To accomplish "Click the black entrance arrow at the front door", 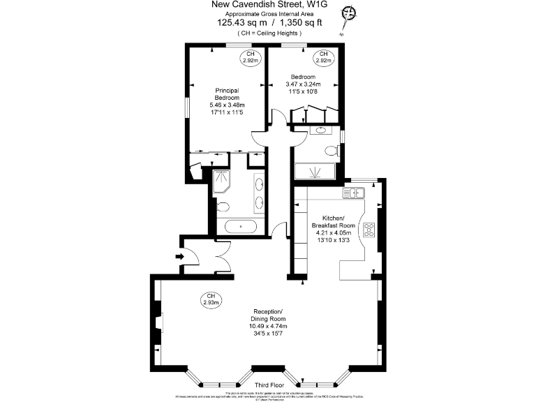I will point(178,257).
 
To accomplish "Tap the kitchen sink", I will point(351,193).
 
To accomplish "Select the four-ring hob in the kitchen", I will point(369,229).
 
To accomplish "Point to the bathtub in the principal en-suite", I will point(241,226).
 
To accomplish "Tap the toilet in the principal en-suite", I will point(223,205).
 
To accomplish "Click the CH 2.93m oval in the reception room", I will point(210,299).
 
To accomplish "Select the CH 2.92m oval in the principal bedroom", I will point(249,57).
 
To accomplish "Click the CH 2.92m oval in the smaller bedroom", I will point(323,57).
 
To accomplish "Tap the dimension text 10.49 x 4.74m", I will point(268,326).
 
